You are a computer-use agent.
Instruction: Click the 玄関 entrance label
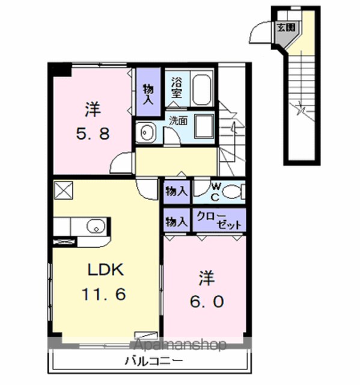(285, 27)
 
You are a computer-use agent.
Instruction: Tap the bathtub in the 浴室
(201, 89)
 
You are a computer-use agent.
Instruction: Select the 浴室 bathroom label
(177, 88)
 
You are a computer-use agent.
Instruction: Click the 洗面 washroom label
(178, 120)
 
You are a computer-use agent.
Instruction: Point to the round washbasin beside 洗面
(147, 132)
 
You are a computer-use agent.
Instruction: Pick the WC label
(215, 192)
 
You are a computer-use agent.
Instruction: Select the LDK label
(105, 269)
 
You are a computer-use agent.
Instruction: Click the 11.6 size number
(104, 294)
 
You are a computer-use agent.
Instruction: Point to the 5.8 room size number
(93, 134)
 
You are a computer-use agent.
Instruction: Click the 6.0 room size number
(207, 301)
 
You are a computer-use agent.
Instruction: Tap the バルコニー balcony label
(154, 361)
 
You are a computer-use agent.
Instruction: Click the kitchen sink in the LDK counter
(96, 226)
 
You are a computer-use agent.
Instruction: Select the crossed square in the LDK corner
(63, 190)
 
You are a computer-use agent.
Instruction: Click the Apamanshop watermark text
(180, 345)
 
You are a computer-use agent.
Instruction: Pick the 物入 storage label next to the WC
(176, 191)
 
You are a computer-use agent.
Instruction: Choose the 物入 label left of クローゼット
(176, 222)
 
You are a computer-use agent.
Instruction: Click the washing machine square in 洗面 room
(204, 126)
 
